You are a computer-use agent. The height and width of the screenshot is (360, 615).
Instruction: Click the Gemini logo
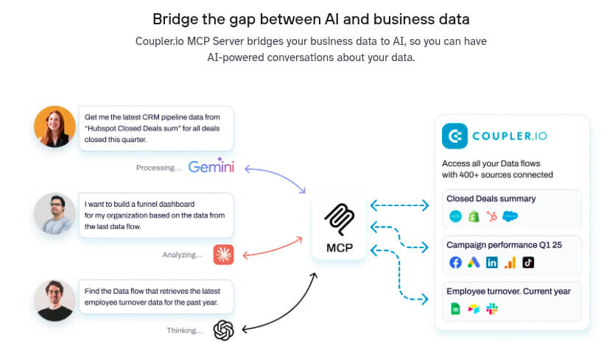[211, 166]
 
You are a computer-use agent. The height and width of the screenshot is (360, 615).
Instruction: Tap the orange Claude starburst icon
[223, 255]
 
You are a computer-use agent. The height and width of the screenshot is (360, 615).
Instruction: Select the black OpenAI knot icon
[223, 330]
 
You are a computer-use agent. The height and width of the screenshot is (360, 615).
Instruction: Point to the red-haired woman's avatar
[55, 127]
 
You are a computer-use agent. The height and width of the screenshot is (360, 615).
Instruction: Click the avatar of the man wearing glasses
[55, 213]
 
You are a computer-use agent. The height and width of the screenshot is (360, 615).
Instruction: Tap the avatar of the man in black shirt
[55, 300]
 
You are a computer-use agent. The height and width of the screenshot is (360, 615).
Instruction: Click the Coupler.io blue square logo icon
[456, 137]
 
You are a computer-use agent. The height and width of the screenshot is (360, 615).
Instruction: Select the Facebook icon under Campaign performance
[455, 263]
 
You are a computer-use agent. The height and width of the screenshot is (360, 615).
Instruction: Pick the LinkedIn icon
[492, 263]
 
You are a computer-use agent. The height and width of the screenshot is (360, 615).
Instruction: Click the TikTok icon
[528, 263]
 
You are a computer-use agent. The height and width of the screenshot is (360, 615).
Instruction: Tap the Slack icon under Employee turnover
[491, 309]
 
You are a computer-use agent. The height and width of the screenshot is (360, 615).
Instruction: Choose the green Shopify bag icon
[474, 216]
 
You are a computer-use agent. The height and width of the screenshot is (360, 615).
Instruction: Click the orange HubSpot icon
[492, 216]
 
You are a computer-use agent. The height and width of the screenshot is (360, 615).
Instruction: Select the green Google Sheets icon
[455, 309]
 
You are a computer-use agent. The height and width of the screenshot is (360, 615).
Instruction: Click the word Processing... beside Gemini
[158, 168]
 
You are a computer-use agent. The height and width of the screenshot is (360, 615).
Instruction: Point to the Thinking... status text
[184, 331]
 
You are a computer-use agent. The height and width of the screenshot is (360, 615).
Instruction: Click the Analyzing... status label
[182, 255]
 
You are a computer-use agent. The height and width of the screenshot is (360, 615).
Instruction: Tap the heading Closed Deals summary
[491, 199]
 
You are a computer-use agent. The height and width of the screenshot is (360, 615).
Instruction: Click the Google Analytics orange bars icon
[510, 263]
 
